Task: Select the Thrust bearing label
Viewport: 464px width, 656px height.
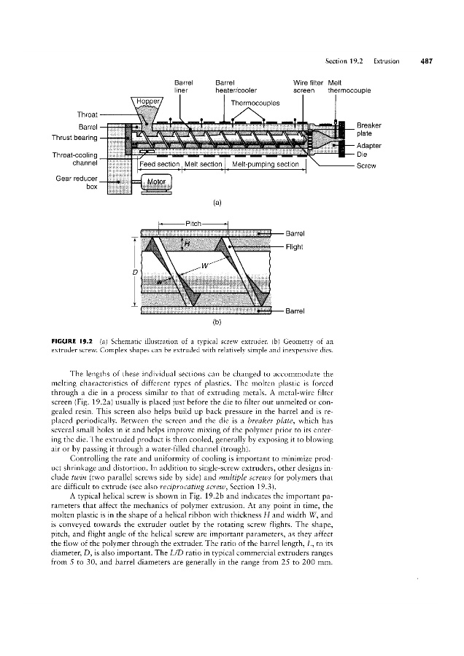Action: (72, 136)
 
